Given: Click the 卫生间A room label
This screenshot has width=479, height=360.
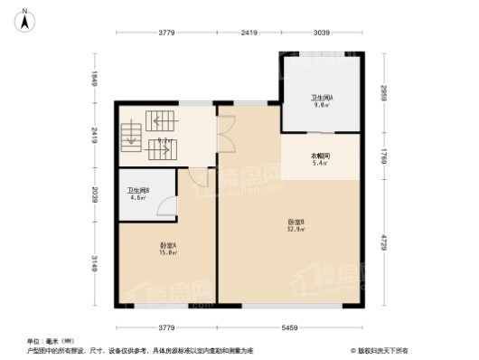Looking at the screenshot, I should pyautogui.click(x=323, y=97).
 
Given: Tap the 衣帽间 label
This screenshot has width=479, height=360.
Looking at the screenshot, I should pyautogui.click(x=321, y=156).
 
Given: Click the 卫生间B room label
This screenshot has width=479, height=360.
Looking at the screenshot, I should pyautogui.click(x=138, y=190).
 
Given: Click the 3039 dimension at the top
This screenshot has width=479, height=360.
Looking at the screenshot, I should pyautogui.click(x=322, y=33).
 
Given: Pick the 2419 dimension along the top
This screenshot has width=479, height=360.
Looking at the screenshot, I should pyautogui.click(x=249, y=33).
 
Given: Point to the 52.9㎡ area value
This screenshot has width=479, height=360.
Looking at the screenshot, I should pyautogui.click(x=296, y=230).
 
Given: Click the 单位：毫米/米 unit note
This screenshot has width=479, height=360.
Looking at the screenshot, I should pyautogui.click(x=44, y=341).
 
